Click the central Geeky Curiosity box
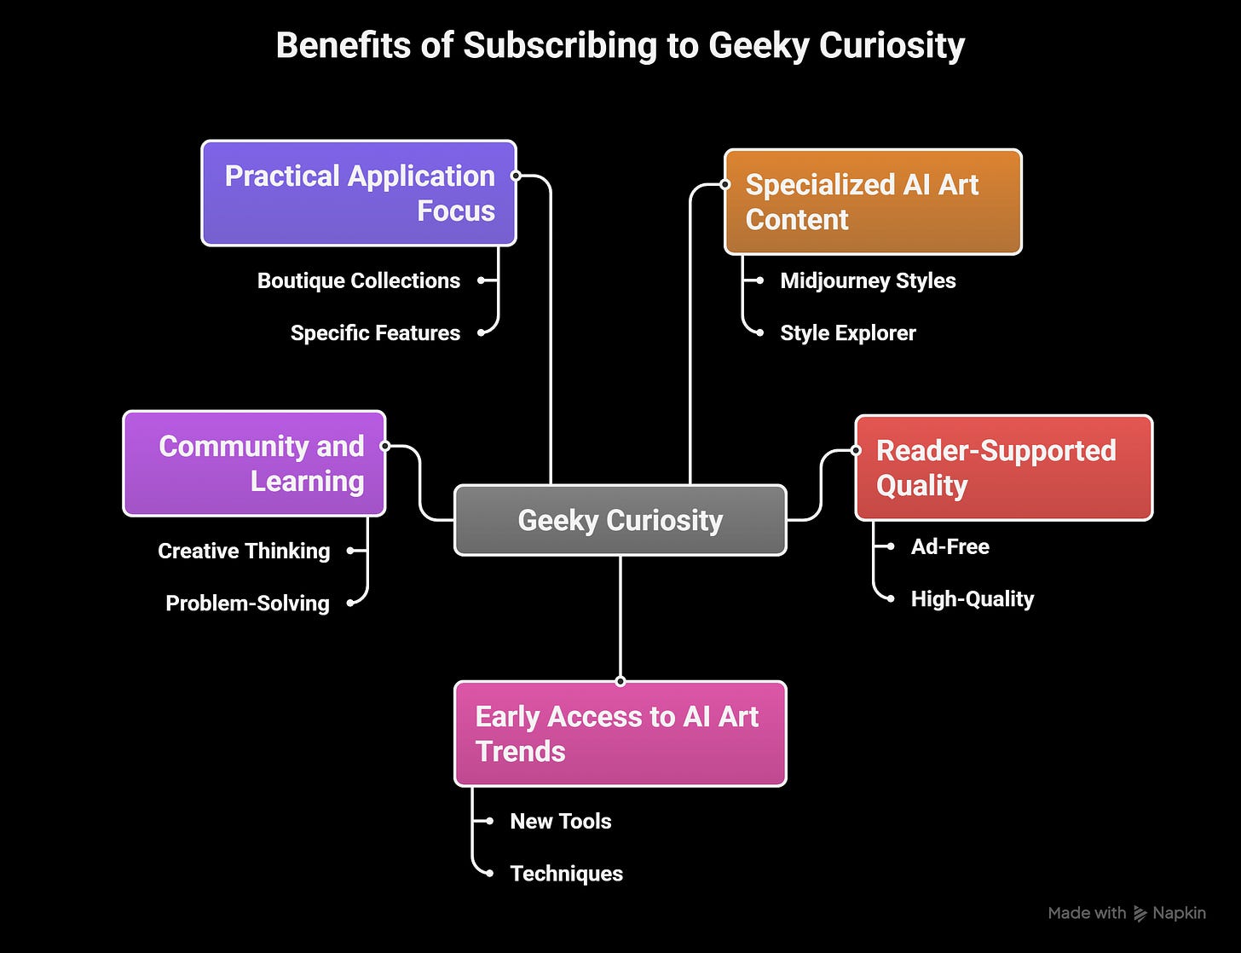[x=620, y=520]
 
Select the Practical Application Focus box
[x=359, y=193]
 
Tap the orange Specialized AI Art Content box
[x=872, y=202]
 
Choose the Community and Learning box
[x=254, y=464]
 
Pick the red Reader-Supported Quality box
[x=1003, y=468]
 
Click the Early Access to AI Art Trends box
[x=620, y=734]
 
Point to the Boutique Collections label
[x=359, y=280]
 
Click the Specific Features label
[x=375, y=332]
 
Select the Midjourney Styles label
[x=868, y=280]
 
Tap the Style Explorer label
[x=848, y=332]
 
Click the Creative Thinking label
[x=244, y=551]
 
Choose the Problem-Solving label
[x=247, y=603]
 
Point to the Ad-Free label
[x=950, y=546]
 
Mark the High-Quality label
[x=972, y=598]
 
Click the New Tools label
[x=560, y=821]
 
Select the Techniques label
[x=566, y=873]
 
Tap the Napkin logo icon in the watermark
[x=1140, y=914]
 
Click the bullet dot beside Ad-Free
[x=891, y=546]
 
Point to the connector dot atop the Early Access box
[x=620, y=681]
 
